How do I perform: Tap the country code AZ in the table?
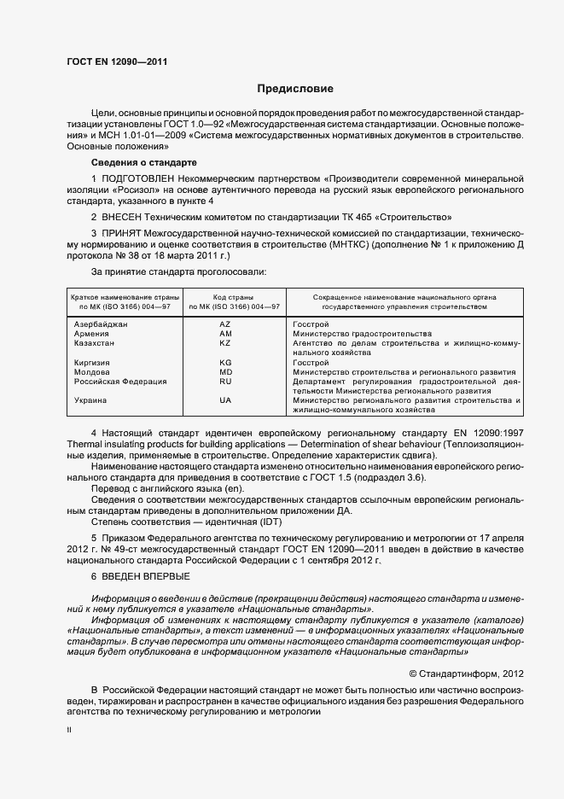coord(225,325)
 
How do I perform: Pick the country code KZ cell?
coord(225,343)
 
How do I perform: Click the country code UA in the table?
coord(225,399)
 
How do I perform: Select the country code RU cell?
coord(225,382)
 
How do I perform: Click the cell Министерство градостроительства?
coord(362,334)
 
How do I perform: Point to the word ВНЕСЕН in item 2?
coord(127,218)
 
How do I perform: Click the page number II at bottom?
coord(69,731)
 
